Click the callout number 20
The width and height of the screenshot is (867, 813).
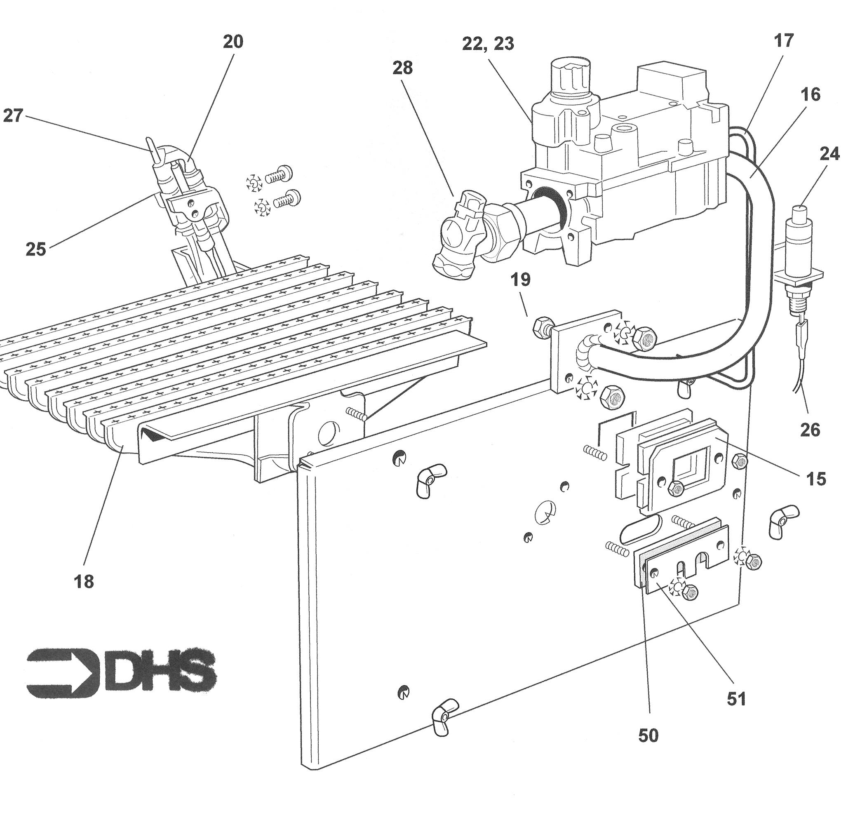point(233,42)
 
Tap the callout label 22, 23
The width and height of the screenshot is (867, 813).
point(488,44)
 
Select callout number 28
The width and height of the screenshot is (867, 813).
point(402,68)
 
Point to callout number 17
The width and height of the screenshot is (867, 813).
point(784,40)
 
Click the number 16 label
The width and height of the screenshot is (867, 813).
point(810,95)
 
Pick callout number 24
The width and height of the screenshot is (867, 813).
point(829,154)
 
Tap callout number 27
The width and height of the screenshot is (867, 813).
point(13,116)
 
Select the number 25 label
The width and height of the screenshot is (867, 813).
point(36,249)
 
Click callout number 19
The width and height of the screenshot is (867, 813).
point(520,280)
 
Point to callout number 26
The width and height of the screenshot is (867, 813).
point(810,430)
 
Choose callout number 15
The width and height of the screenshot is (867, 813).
point(816,479)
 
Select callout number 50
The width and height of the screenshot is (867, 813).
point(648,736)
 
